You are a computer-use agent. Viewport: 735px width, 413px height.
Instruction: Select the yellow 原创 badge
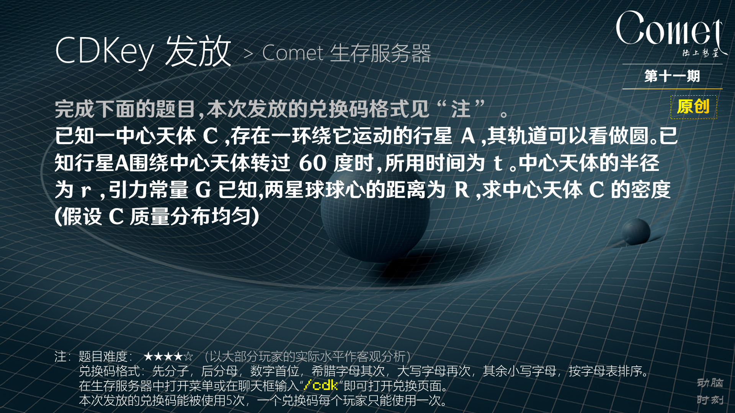[693, 107]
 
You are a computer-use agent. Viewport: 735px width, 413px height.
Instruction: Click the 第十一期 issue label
[672, 76]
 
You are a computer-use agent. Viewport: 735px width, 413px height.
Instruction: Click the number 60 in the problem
[312, 163]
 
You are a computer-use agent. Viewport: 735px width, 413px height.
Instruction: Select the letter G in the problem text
[203, 190]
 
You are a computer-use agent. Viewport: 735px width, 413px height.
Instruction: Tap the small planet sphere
[636, 231]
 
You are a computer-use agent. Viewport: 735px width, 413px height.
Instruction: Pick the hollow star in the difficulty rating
[188, 357]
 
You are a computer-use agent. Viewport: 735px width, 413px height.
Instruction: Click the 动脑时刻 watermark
[710, 391]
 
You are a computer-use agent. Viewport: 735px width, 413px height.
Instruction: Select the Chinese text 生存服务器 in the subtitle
[380, 53]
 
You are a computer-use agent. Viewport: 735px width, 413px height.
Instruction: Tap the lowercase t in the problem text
[497, 163]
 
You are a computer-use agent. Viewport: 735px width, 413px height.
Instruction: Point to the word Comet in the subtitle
[293, 53]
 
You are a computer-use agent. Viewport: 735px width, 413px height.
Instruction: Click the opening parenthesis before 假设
[58, 217]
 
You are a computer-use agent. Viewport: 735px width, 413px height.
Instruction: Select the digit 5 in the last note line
[229, 400]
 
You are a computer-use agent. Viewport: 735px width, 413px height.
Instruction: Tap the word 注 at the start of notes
[60, 357]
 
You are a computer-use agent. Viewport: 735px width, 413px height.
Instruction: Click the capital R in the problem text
[462, 190]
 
